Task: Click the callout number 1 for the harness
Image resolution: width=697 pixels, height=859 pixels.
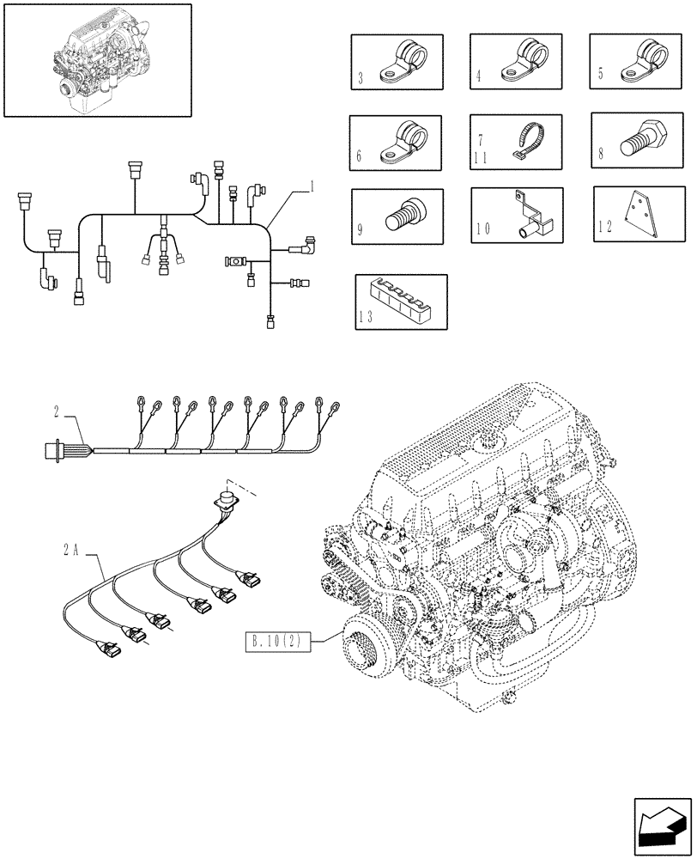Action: pyautogui.click(x=312, y=186)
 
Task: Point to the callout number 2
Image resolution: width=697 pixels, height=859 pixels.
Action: pyautogui.click(x=57, y=413)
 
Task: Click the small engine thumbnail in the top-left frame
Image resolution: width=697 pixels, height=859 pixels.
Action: pyautogui.click(x=96, y=58)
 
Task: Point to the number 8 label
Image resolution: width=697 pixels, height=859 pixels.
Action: pyautogui.click(x=600, y=155)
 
